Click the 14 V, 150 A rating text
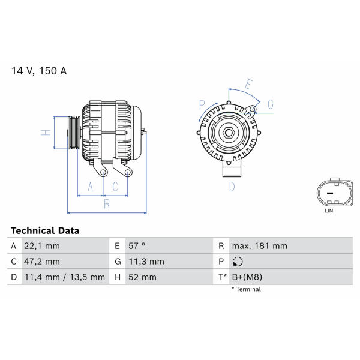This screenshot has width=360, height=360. [39, 71]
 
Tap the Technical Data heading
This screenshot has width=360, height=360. [45, 230]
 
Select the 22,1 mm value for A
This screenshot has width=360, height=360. [42, 246]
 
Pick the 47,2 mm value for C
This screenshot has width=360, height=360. [42, 262]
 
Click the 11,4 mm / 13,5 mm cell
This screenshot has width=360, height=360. [65, 277]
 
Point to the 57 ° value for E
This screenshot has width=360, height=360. [137, 246]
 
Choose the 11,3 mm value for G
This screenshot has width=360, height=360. [146, 262]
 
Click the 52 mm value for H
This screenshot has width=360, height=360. [142, 277]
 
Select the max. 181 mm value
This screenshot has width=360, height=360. [259, 246]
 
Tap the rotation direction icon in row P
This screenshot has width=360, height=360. [238, 262]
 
